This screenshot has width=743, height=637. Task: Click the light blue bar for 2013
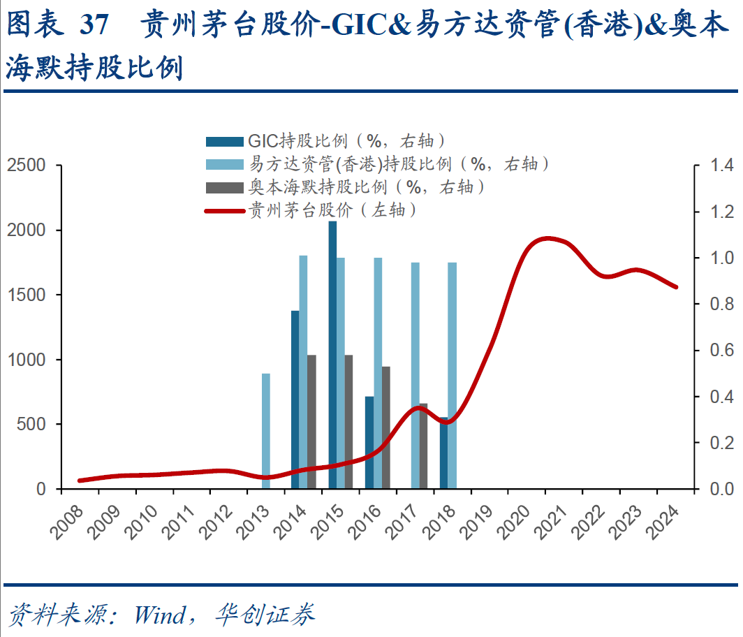point(265,431)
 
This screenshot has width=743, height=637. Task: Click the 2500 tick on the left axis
point(26,166)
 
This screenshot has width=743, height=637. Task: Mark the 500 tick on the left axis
point(31,425)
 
